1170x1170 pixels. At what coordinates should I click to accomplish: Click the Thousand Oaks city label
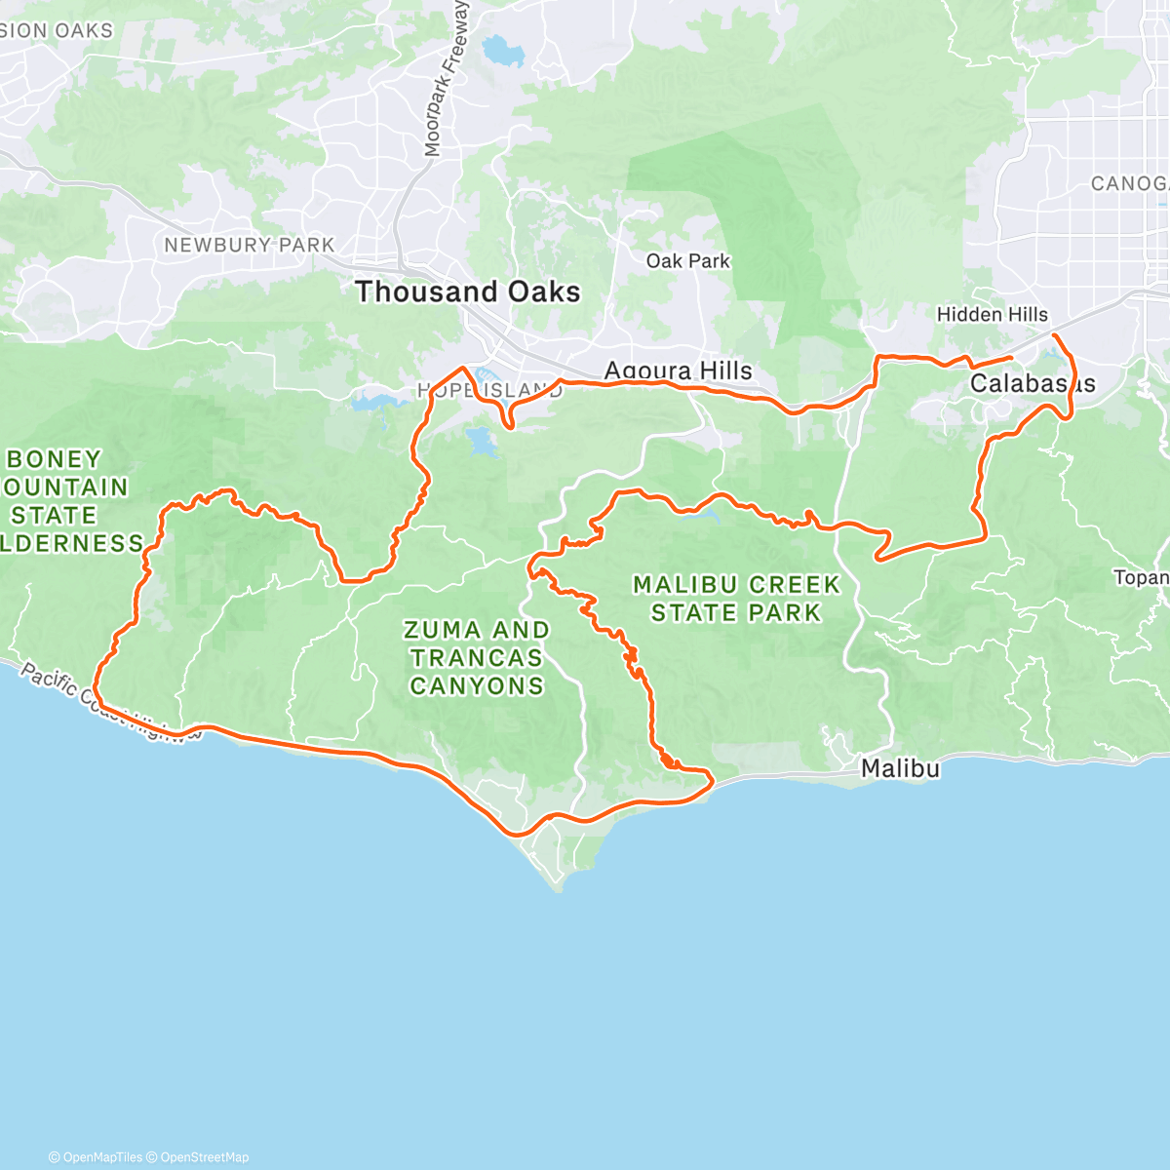coord(468,292)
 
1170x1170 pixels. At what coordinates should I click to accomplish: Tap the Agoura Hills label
coord(679,370)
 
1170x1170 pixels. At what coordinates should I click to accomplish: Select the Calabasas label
coord(1032,384)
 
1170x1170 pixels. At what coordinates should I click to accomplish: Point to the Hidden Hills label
coord(992,314)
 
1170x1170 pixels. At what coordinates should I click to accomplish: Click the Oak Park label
coord(688,261)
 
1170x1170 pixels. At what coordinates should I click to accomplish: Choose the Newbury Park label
coord(249,245)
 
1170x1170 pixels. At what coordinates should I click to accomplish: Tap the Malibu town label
coord(900,769)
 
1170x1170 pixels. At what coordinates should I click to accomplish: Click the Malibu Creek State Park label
coord(736,599)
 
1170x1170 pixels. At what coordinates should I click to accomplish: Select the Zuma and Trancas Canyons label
coord(477,658)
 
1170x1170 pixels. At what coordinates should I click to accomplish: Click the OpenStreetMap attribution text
coord(204,1157)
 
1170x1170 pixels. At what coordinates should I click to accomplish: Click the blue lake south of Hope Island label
coord(482,442)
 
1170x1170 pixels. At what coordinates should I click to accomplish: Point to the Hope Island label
coord(490,391)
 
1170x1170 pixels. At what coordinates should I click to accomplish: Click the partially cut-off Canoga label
coord(1129,183)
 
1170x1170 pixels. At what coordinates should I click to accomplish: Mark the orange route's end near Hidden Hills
coord(1011,358)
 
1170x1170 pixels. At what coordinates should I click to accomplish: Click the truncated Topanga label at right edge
coord(1142,578)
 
